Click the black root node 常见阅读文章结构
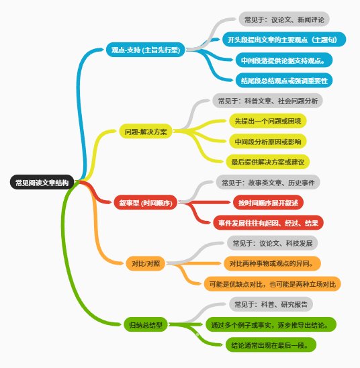click(42, 182)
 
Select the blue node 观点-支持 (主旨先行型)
click(146, 50)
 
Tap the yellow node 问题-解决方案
click(146, 131)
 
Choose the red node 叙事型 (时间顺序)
click(146, 202)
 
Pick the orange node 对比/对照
click(146, 263)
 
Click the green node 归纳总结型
click(146, 324)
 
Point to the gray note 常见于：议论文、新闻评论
click(284, 19)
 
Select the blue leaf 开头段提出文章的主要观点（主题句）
click(284, 40)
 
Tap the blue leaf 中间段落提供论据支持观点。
click(284, 60)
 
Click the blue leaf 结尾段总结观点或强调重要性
click(284, 81)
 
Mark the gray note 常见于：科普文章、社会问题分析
click(267, 101)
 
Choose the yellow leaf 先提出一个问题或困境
click(268, 121)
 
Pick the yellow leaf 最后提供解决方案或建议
click(268, 162)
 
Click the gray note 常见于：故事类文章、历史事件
click(268, 182)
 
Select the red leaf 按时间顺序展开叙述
click(268, 202)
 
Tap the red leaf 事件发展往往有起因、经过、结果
click(268, 223)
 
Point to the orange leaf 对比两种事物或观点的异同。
click(272, 263)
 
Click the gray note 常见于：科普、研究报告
click(271, 304)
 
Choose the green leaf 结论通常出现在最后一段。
click(271, 344)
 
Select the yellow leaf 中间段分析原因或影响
click(268, 141)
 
